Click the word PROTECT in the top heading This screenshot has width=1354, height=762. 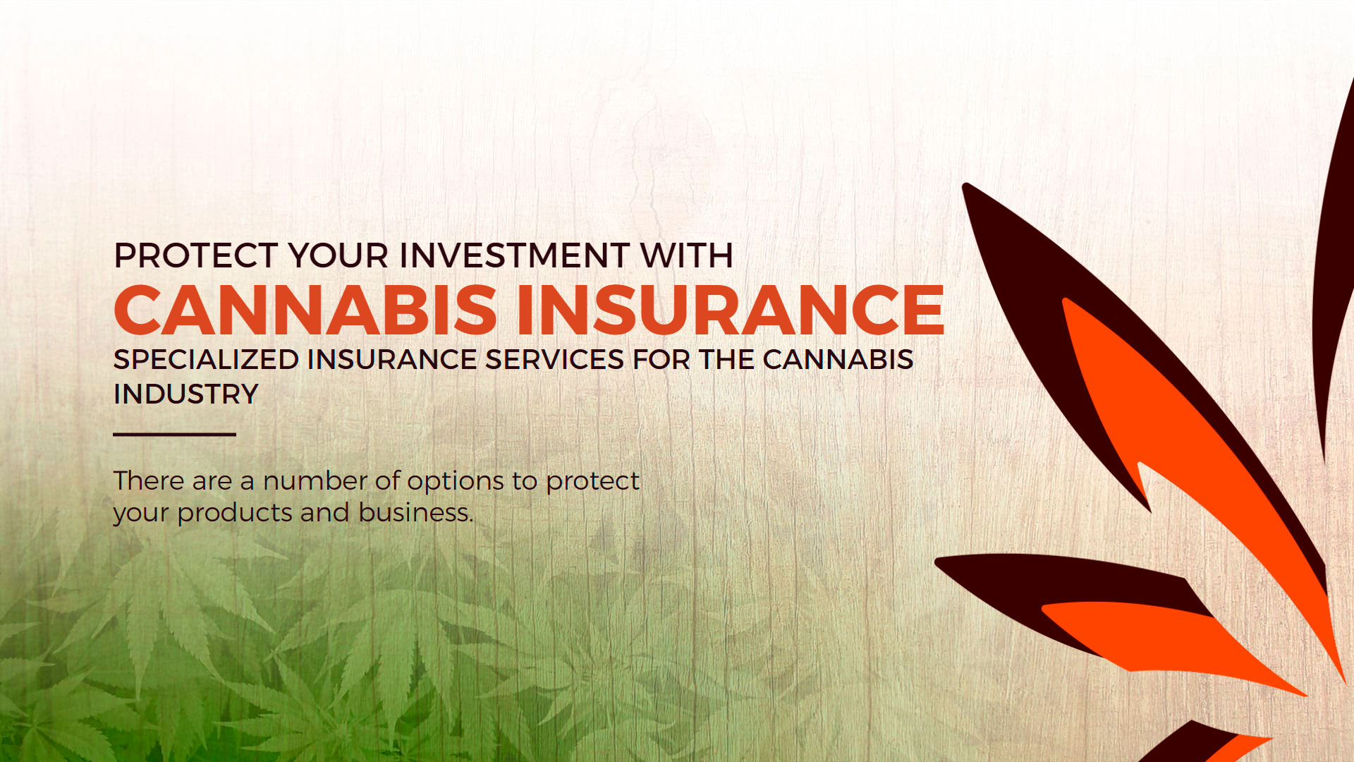pyautogui.click(x=195, y=255)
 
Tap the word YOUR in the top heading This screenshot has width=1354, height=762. pyautogui.click(x=338, y=255)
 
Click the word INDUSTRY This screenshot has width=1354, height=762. pyautogui.click(x=186, y=394)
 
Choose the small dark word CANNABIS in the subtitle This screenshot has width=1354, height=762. pyautogui.click(x=838, y=360)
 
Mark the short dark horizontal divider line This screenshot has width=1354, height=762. pyautogui.click(x=174, y=435)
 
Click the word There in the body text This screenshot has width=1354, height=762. pyautogui.click(x=149, y=481)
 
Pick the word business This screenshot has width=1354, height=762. pyautogui.click(x=416, y=513)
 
